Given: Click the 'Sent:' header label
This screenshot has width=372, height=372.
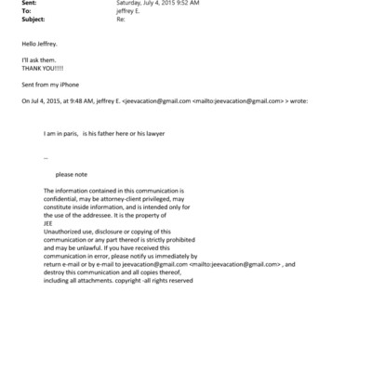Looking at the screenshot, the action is (26, 3).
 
